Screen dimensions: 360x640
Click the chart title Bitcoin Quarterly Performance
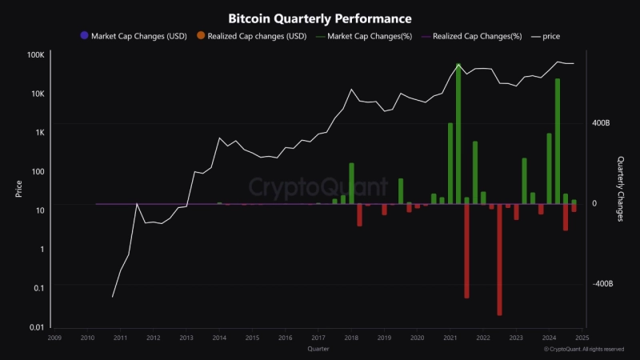(320, 18)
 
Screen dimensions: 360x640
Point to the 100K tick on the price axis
(35, 55)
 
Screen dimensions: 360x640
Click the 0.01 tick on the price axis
(35, 327)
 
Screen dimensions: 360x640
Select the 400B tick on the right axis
(602, 124)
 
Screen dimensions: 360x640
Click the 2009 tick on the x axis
(54, 338)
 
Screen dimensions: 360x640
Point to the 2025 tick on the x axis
(582, 338)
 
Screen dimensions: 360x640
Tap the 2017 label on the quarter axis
(318, 338)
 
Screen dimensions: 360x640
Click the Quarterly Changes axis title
(621, 183)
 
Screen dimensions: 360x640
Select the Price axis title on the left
(18, 190)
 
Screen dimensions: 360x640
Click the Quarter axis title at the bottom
(318, 349)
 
